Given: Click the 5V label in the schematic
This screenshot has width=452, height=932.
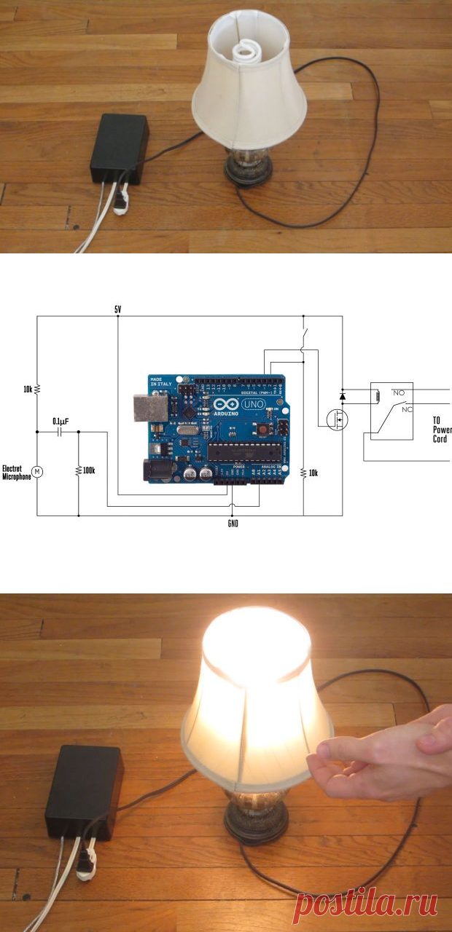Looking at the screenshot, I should [118, 309].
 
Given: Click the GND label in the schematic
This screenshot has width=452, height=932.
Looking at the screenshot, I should [233, 523].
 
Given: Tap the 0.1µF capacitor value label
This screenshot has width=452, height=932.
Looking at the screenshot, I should [61, 421].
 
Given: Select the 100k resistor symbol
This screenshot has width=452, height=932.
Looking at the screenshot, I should [78, 471].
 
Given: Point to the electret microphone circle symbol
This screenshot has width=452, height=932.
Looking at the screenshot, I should [38, 472].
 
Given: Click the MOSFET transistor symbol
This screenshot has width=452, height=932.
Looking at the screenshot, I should [338, 421].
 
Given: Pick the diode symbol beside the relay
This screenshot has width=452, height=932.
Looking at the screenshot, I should [343, 396].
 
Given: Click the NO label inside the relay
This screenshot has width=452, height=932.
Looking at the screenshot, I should [398, 392].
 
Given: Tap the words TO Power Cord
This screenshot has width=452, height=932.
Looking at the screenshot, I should [441, 430].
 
